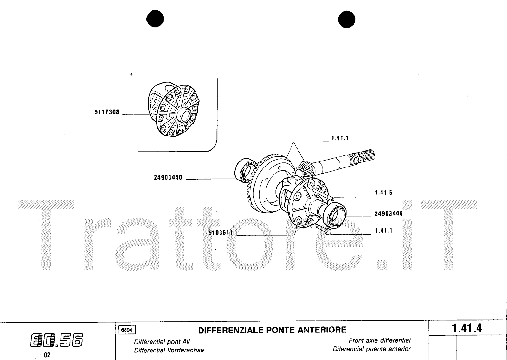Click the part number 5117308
pyautogui.click(x=107, y=112)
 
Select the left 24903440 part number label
pyautogui.click(x=168, y=178)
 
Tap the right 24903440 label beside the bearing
pyautogui.click(x=389, y=214)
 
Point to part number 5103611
pyautogui.click(x=221, y=233)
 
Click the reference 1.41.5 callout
pyautogui.click(x=384, y=193)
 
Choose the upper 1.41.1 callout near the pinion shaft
pyautogui.click(x=340, y=138)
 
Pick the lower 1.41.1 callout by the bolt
pyautogui.click(x=384, y=231)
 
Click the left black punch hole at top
pyautogui.click(x=155, y=19)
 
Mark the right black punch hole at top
pyautogui.click(x=347, y=19)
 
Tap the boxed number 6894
pyautogui.click(x=127, y=330)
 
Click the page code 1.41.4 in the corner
pyautogui.click(x=467, y=328)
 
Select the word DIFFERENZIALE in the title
pyautogui.click(x=231, y=330)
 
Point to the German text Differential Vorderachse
pyautogui.click(x=169, y=350)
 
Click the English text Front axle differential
pyautogui.click(x=380, y=340)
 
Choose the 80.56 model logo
pyautogui.click(x=57, y=340)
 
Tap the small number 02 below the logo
pyautogui.click(x=47, y=355)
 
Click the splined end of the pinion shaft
pyautogui.click(x=366, y=155)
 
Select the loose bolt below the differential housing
pyautogui.click(x=323, y=229)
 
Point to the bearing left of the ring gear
pyautogui.click(x=246, y=170)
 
